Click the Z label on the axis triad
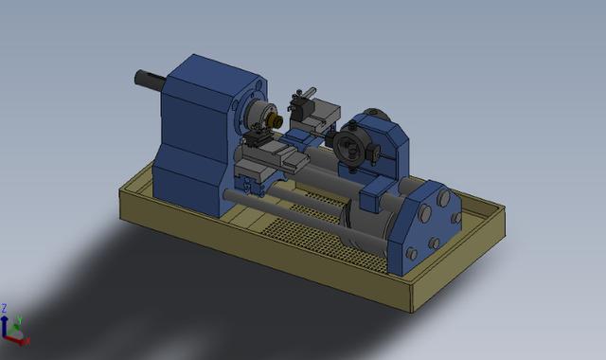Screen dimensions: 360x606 pyautogui.click(x=5, y=308)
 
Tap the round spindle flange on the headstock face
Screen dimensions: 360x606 pyautogui.click(x=256, y=116)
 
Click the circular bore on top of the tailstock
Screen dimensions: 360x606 pyautogui.click(x=376, y=117)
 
